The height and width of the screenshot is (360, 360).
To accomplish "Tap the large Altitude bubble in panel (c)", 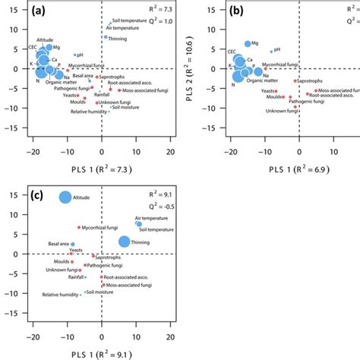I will click(65, 197).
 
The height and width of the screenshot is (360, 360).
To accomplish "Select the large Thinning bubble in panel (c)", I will click(124, 242).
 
